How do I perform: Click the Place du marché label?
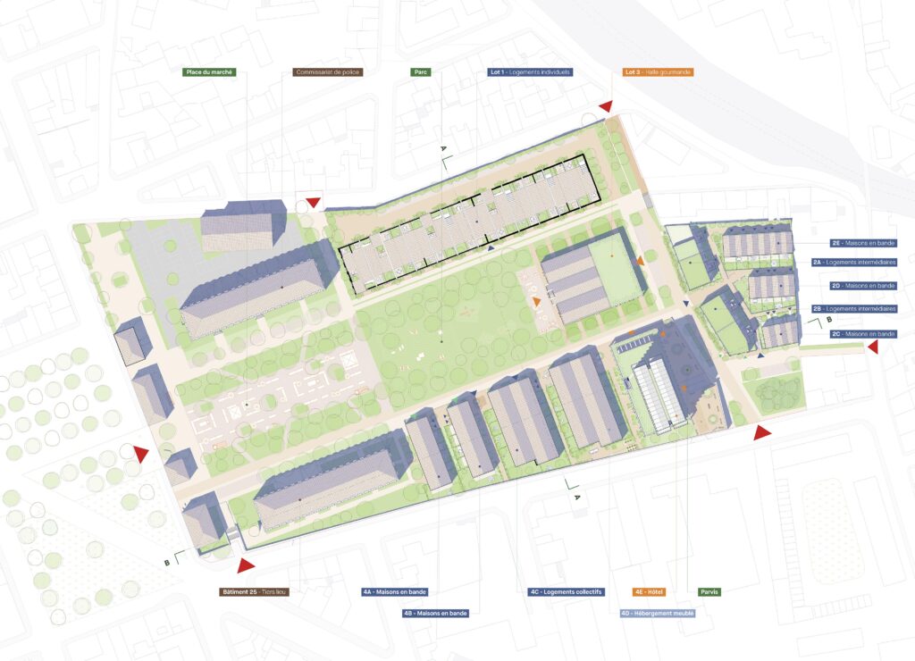pyautogui.click(x=208, y=71)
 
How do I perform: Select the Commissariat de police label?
pyautogui.click(x=328, y=71)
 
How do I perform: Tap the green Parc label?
pyautogui.click(x=421, y=71)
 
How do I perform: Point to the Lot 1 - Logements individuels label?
pyautogui.click(x=531, y=71)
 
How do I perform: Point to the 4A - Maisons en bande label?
pyautogui.click(x=394, y=591)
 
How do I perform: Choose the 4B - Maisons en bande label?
pyautogui.click(x=435, y=614)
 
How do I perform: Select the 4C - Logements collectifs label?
pyautogui.click(x=567, y=591)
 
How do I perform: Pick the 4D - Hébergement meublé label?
pyautogui.click(x=658, y=614)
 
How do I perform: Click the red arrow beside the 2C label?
pyautogui.click(x=873, y=347)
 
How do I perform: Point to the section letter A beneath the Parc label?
pyautogui.click(x=442, y=147)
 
